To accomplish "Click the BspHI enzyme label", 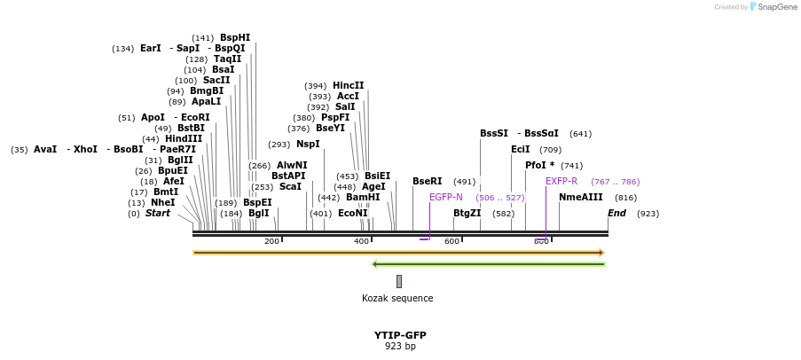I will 235,37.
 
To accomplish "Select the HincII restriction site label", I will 348,85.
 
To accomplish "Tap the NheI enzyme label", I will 162,202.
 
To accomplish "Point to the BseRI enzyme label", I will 427,181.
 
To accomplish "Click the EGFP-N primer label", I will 445,197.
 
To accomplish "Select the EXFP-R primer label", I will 561,181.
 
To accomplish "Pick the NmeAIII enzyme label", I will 580,197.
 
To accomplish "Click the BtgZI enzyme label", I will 467,213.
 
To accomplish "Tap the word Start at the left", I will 158,213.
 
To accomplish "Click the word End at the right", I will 616,213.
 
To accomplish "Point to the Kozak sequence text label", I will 397,298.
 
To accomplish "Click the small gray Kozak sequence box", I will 399,281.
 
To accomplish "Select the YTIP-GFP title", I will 400,335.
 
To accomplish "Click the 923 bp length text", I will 400,346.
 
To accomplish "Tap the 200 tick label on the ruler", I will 271,241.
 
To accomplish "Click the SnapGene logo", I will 771,7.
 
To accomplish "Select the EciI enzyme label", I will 520,149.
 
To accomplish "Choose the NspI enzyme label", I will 308,144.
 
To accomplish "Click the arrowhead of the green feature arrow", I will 375,263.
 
